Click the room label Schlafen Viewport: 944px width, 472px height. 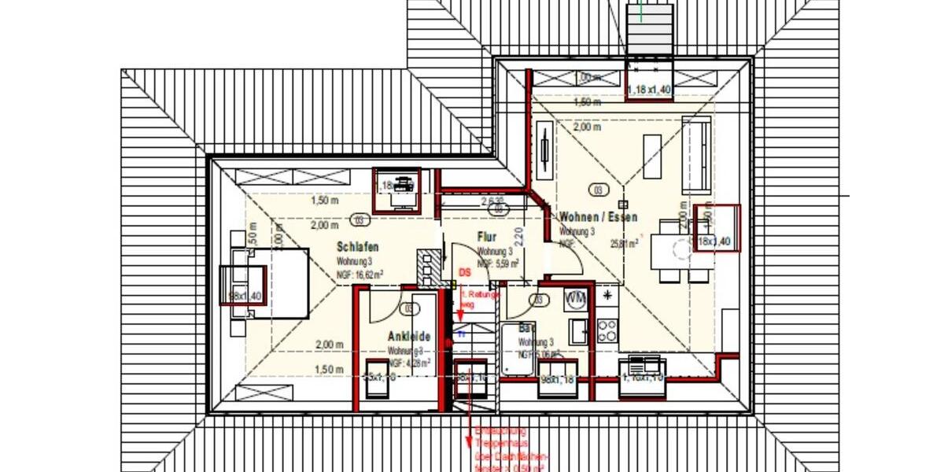click(x=358, y=246)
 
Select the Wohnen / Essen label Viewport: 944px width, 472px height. click(x=598, y=217)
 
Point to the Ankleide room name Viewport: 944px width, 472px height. click(x=409, y=337)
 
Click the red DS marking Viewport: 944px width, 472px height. click(x=465, y=271)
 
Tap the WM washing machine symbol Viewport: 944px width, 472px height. click(x=576, y=298)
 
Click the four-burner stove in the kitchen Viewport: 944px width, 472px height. click(x=607, y=330)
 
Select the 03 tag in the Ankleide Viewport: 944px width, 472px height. click(x=408, y=308)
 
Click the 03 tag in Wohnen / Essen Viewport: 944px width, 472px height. click(x=599, y=190)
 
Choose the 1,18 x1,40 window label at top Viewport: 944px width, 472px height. click(x=649, y=90)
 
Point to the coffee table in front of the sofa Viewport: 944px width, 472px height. click(x=653, y=149)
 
